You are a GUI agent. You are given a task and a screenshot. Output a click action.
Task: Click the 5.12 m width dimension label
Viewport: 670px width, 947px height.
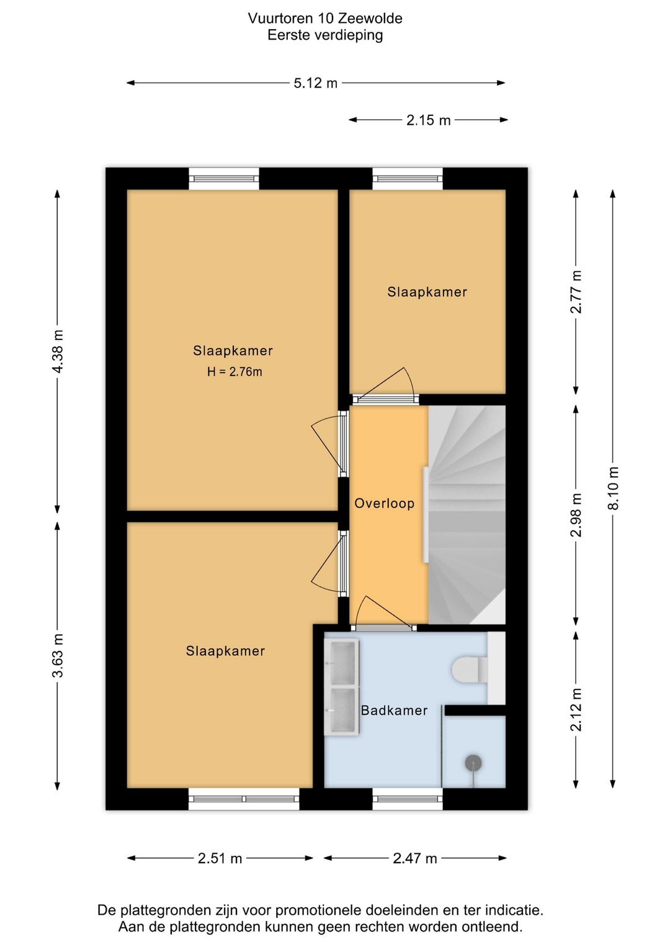click(x=316, y=83)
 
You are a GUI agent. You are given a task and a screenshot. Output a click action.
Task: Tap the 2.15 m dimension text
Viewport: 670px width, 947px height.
click(x=428, y=120)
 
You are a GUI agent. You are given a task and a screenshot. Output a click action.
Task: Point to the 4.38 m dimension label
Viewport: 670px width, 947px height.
click(x=58, y=352)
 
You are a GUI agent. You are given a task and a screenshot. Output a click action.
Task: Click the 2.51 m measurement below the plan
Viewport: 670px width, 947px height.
click(x=220, y=859)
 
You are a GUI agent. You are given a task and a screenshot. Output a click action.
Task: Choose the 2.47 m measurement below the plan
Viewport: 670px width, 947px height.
click(x=414, y=859)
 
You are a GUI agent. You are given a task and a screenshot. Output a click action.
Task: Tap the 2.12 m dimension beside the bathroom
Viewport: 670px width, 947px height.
click(x=576, y=709)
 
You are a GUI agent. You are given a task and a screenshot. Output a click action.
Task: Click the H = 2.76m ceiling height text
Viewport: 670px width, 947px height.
click(x=234, y=372)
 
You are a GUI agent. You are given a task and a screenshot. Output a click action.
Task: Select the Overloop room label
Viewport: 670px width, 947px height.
click(x=384, y=503)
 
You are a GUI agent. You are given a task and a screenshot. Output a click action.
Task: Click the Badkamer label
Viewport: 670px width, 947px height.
click(x=394, y=710)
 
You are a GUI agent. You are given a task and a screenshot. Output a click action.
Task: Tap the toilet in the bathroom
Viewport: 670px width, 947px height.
click(x=472, y=669)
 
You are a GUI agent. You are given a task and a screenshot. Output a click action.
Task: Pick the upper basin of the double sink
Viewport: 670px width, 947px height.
click(x=342, y=663)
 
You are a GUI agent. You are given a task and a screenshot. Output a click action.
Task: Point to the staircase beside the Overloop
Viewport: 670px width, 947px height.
click(x=467, y=514)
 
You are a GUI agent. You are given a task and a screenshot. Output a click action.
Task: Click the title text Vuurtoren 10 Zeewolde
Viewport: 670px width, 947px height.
click(x=324, y=18)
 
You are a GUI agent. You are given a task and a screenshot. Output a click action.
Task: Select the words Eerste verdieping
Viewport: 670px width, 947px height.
click(x=325, y=35)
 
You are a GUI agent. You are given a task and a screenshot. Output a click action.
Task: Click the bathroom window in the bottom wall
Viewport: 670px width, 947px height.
click(x=408, y=799)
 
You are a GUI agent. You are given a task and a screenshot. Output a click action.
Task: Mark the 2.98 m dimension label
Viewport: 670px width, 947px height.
click(x=576, y=515)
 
